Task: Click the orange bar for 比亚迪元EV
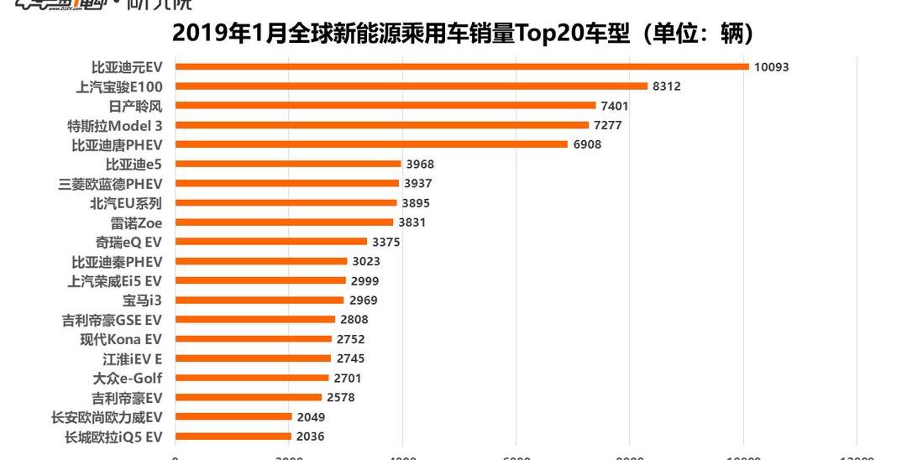[x=462, y=66]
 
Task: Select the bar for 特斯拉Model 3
[x=382, y=125]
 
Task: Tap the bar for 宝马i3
[x=260, y=300]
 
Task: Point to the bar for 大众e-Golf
[x=252, y=378]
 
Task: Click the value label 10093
[x=771, y=67]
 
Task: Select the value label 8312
[x=669, y=86]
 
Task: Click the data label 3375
[x=385, y=242]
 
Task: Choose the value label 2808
[x=354, y=320]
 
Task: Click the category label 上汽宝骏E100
[x=118, y=86]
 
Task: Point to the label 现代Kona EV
[x=121, y=339]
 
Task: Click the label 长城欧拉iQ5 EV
[x=113, y=436]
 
